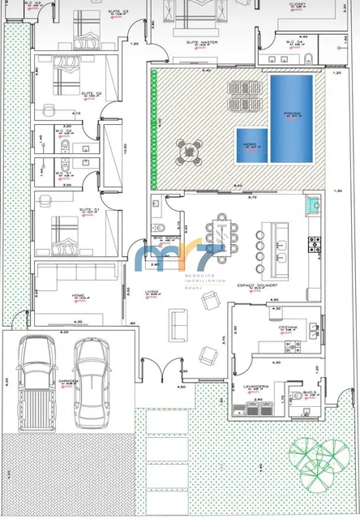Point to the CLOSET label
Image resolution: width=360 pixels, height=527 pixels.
(x=298, y=4)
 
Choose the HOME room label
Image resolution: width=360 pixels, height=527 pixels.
(x=79, y=295)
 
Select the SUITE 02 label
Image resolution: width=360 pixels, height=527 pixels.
(x=91, y=93)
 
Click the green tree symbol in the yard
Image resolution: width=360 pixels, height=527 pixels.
(x=317, y=458)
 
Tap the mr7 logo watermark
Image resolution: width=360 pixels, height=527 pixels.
(x=180, y=259)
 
